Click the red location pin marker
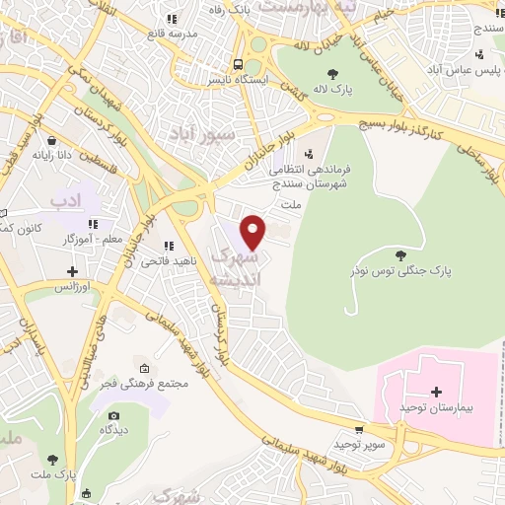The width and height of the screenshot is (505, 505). [x=253, y=232]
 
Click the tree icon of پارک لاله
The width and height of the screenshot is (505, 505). [x=332, y=72]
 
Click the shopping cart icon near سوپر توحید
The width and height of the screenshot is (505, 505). [x=360, y=429]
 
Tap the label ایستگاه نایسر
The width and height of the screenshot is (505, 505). [x=234, y=76]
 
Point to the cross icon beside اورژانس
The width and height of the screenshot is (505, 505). [x=72, y=270]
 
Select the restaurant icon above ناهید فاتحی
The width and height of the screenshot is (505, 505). [x=168, y=245]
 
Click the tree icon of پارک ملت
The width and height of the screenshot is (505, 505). [x=52, y=460]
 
